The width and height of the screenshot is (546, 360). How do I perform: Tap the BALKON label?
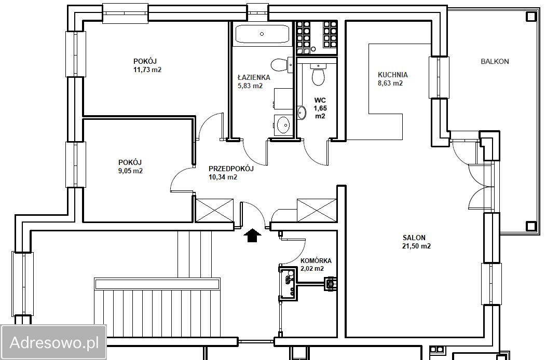(495, 61)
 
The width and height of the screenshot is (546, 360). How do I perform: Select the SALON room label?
(414, 238)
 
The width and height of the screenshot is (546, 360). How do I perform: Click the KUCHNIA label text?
(393, 75)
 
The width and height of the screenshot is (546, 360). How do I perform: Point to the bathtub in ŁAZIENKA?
(262, 34)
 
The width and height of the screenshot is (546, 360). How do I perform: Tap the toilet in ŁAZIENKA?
(279, 64)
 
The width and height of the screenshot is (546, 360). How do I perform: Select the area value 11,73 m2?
(147, 70)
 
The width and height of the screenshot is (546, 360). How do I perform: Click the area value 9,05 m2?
(131, 171)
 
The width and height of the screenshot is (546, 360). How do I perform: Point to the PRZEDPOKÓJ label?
(231, 169)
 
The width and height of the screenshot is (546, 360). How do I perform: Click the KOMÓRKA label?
(316, 260)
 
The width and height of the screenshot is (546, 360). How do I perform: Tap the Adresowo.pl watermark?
(53, 342)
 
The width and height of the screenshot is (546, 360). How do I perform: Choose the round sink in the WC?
(302, 112)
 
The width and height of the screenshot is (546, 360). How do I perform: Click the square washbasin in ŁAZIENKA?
(283, 124)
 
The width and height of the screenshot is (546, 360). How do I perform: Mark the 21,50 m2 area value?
(416, 246)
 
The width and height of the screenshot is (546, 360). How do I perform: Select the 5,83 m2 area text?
(250, 86)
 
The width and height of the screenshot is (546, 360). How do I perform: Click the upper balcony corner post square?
(531, 16)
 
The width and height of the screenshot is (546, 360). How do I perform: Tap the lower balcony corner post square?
(531, 226)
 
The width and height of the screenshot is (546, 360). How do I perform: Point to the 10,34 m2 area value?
(223, 177)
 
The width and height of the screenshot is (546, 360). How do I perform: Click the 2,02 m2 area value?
(312, 268)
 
